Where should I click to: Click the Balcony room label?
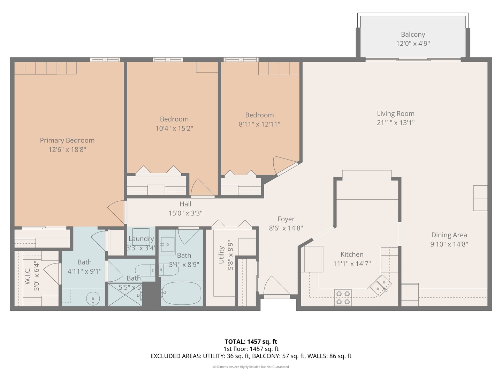click(x=413, y=34)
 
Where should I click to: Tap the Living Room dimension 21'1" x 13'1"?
click(x=395, y=123)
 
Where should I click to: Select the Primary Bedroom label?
click(x=67, y=140)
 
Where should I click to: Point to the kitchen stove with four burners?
click(x=343, y=297)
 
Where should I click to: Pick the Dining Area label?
click(x=449, y=235)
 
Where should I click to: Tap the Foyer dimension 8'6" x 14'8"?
click(x=286, y=228)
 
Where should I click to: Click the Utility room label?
click(x=221, y=255)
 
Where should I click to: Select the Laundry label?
click(x=141, y=239)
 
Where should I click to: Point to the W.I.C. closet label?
click(x=28, y=276)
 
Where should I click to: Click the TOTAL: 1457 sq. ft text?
click(x=251, y=342)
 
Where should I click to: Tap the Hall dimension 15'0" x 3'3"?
click(x=185, y=213)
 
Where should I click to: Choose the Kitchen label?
click(x=352, y=254)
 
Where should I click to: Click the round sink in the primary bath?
click(x=93, y=298)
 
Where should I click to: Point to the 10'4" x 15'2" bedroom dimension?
click(x=174, y=128)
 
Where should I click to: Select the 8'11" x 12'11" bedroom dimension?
click(x=259, y=124)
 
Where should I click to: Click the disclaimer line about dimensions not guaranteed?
click(x=251, y=367)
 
